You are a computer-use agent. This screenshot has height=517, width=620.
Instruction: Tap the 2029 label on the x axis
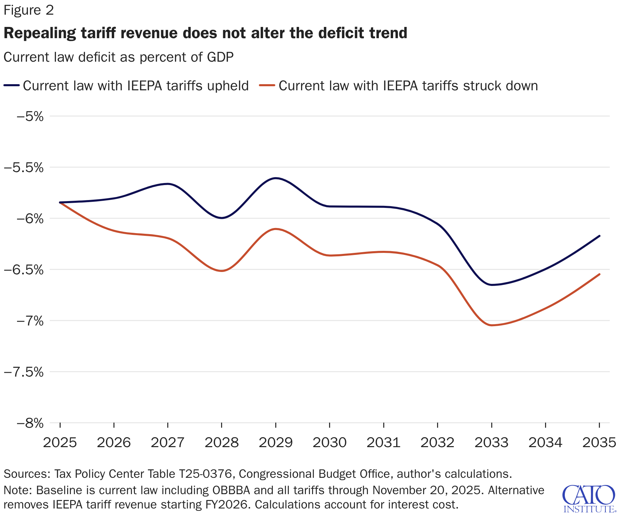(x=276, y=443)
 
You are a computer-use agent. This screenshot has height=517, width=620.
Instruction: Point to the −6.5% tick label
(x=24, y=270)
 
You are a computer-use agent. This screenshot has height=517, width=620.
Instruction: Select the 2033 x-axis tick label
(x=491, y=443)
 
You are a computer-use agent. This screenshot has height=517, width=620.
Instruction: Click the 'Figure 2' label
(x=29, y=10)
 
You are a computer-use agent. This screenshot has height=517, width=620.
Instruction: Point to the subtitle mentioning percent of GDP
(x=118, y=57)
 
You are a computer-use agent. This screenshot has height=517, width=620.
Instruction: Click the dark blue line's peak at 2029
(x=276, y=178)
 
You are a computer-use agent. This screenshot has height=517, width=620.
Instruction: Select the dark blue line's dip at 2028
(x=222, y=218)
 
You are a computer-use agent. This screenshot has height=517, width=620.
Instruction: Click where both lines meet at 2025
(x=60, y=202)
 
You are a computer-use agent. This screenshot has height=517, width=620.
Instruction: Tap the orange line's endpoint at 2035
(x=599, y=274)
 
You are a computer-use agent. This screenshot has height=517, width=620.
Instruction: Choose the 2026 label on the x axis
(x=114, y=443)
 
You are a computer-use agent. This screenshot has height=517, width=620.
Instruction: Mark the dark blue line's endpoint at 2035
(x=599, y=236)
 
